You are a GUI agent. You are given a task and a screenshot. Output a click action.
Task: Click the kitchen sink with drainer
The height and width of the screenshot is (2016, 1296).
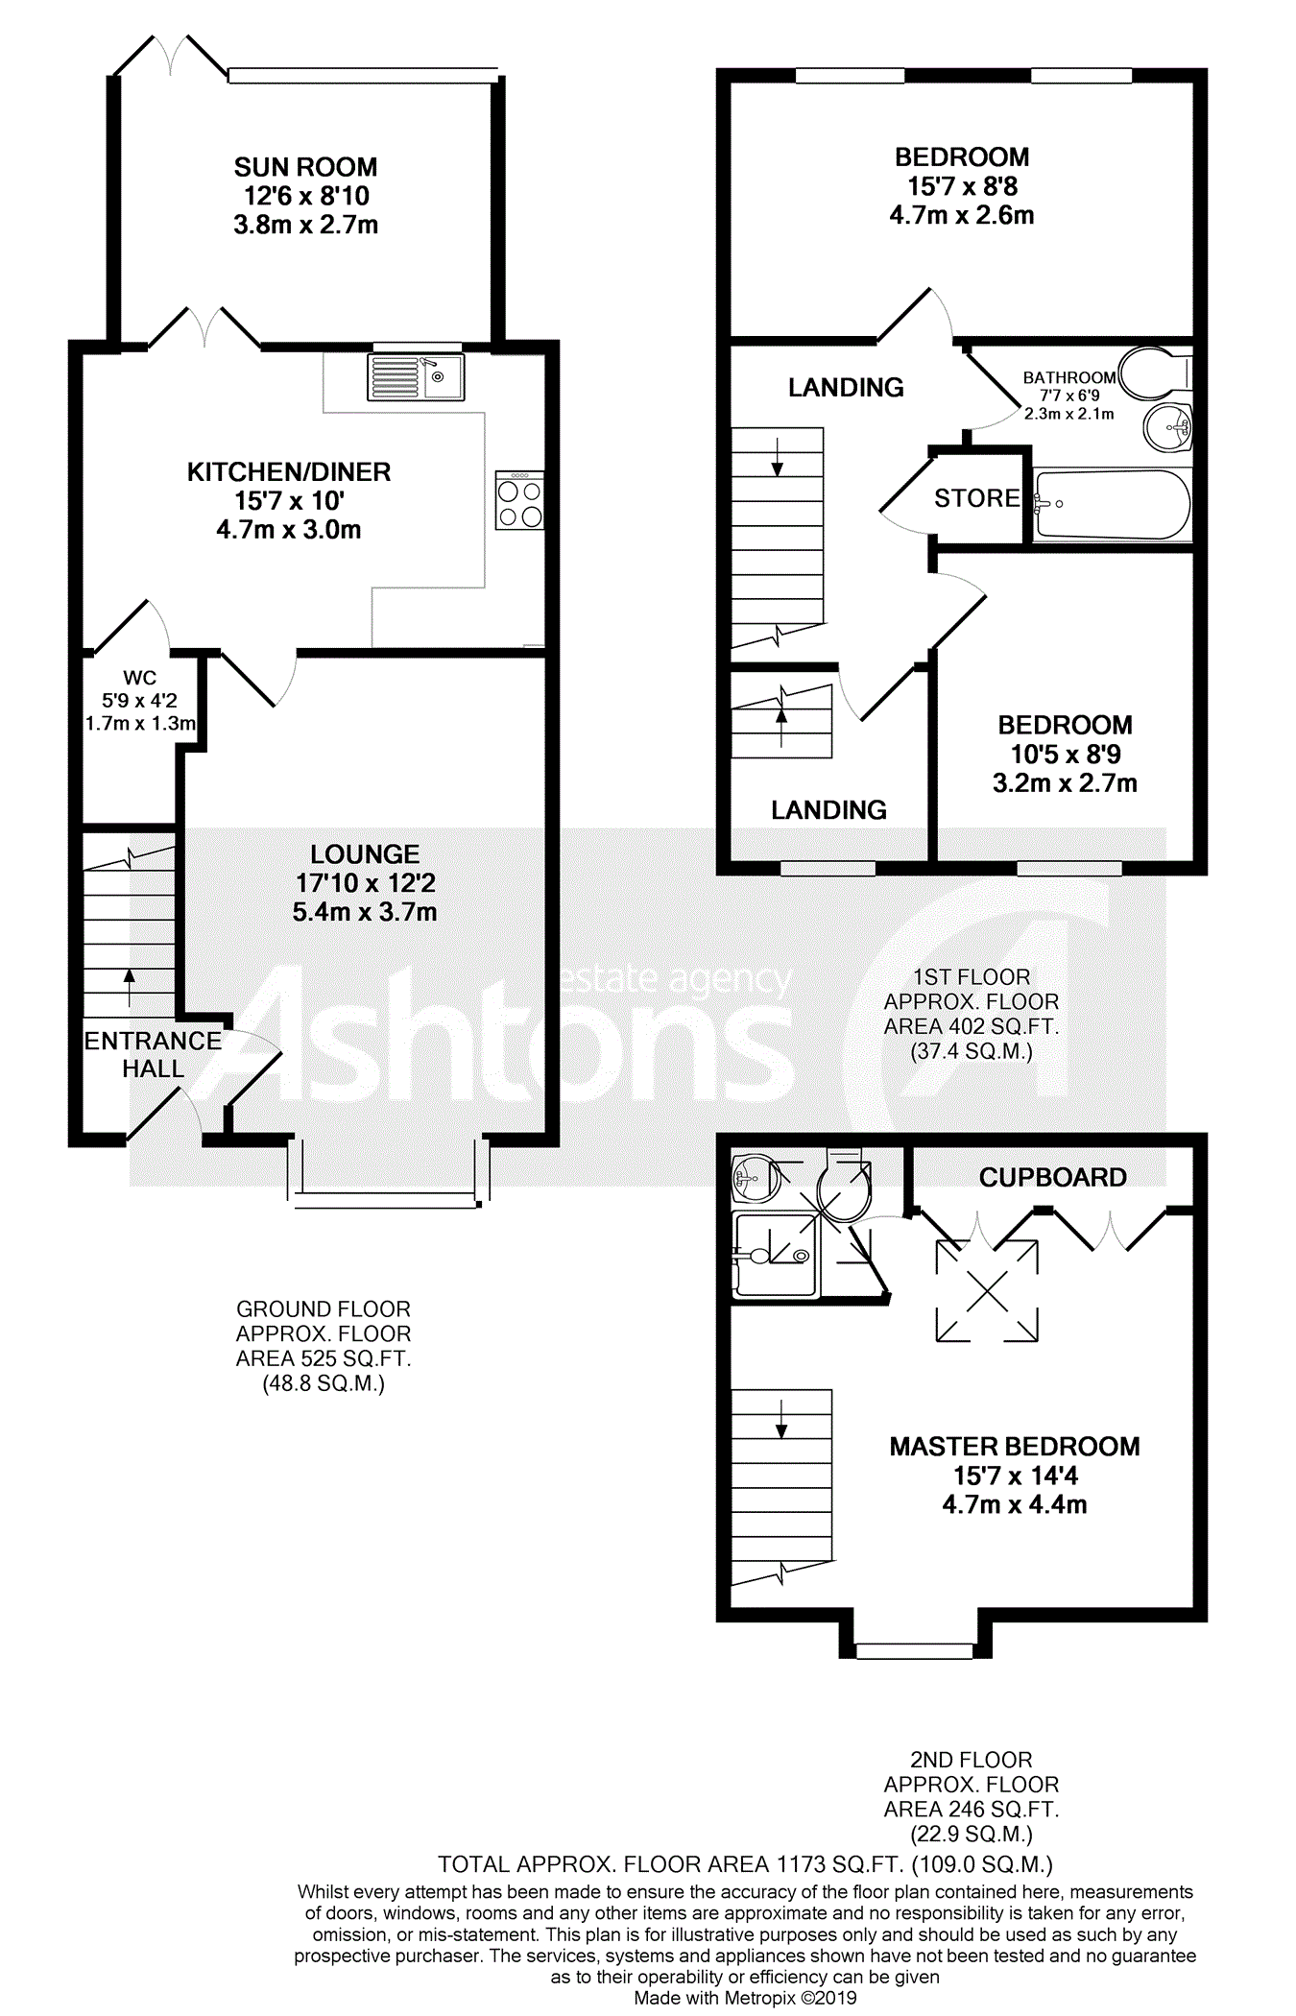click(416, 376)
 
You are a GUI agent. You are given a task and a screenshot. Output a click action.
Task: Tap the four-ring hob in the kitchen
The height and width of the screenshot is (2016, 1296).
click(519, 501)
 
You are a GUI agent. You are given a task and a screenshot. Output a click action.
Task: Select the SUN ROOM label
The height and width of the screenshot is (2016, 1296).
click(305, 167)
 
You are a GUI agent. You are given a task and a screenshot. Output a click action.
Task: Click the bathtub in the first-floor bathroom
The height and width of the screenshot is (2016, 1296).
click(1112, 504)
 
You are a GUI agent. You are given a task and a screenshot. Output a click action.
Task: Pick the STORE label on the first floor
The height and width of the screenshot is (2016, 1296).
click(976, 498)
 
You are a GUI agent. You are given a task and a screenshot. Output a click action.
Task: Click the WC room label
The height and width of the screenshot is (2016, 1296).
click(139, 678)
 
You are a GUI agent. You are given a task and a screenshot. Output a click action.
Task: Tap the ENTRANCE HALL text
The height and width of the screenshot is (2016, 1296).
click(153, 1054)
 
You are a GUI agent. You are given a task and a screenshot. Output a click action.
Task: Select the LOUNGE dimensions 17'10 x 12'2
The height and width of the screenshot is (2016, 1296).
click(365, 883)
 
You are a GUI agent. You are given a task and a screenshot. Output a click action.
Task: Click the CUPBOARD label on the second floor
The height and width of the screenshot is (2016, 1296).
click(1052, 1177)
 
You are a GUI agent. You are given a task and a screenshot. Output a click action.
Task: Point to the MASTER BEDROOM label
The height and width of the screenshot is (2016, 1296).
click(1014, 1446)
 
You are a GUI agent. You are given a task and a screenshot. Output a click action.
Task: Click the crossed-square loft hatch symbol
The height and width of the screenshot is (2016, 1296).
click(987, 1290)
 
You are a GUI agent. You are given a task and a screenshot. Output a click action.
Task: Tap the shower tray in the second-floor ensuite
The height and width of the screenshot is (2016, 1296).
click(774, 1254)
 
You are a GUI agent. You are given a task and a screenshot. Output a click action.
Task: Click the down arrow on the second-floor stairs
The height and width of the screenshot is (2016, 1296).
click(781, 1419)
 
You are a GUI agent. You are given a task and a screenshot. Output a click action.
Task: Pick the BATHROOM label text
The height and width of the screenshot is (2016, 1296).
click(1068, 378)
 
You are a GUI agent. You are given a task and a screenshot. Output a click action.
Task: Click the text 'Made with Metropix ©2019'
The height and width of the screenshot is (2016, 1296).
click(745, 1998)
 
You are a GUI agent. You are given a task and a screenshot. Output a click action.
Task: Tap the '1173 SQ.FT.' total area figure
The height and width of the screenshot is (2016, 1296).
click(840, 1864)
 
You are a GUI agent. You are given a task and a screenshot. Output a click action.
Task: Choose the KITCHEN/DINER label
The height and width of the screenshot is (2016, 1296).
click(288, 472)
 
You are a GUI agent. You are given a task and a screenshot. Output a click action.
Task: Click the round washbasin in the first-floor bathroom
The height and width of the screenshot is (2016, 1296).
click(1167, 426)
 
